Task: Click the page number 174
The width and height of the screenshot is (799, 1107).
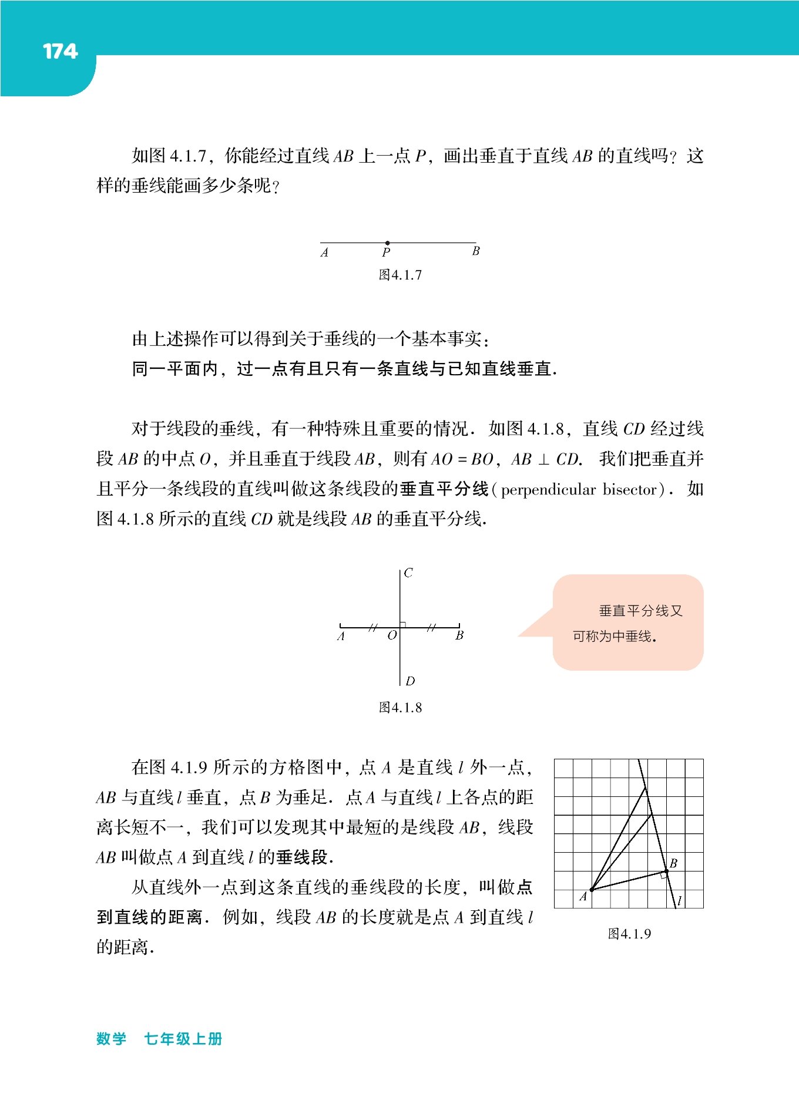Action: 60,52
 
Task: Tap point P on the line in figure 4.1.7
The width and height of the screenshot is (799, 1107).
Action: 387,243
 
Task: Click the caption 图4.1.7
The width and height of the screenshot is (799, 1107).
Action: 400,275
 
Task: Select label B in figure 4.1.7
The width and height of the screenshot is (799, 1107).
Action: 476,251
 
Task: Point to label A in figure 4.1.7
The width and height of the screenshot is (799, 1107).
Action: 324,253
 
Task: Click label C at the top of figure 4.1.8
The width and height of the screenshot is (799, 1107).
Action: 408,573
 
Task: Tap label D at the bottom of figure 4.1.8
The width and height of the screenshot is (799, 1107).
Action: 410,681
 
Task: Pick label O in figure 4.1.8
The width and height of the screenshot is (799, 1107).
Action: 392,635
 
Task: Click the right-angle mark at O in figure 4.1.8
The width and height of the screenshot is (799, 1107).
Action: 403,624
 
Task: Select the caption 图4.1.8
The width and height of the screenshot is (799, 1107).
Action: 400,708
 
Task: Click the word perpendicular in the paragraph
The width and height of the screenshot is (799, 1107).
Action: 548,490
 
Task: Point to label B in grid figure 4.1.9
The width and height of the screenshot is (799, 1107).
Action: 673,863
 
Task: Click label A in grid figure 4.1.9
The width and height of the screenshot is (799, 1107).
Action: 583,897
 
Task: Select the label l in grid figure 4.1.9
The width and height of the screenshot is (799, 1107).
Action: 680,900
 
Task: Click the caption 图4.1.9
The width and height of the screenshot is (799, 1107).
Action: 629,934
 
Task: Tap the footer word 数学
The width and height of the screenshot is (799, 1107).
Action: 112,1039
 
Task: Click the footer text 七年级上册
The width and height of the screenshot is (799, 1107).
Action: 183,1039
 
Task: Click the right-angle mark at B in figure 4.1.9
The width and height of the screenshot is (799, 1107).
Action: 663,875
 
